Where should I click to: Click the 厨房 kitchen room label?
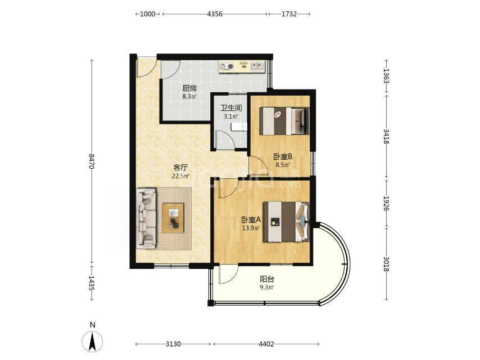(189, 88)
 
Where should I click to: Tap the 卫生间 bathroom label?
(231, 108)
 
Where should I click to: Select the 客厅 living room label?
(180, 168)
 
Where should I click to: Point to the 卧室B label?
(283, 156)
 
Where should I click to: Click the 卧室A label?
(251, 220)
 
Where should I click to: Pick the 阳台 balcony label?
(267, 279)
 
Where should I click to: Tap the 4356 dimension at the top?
(215, 14)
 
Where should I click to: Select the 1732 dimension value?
(289, 14)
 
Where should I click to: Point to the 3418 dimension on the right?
(386, 137)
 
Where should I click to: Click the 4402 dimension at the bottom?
(266, 344)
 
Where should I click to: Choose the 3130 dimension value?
(173, 344)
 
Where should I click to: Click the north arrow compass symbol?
(92, 341)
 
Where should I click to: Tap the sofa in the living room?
(147, 218)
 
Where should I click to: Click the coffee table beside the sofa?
(173, 218)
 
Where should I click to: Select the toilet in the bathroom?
(239, 127)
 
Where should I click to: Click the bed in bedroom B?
(284, 121)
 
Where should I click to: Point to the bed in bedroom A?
(287, 222)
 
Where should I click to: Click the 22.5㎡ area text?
(180, 176)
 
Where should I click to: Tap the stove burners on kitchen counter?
(227, 66)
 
